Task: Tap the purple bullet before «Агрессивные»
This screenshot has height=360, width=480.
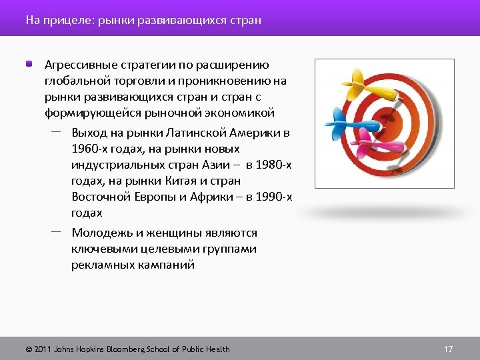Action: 29,65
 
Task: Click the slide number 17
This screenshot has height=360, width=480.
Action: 448,349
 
